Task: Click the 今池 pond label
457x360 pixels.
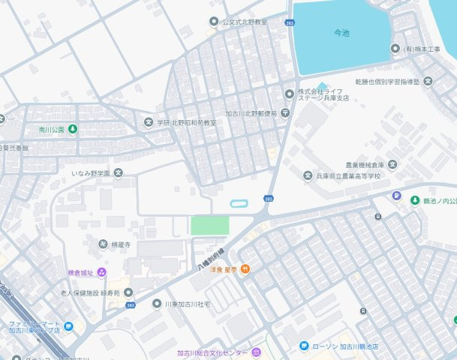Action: (341, 34)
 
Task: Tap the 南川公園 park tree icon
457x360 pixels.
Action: (73, 130)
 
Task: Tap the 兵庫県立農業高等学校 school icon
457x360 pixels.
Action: (307, 175)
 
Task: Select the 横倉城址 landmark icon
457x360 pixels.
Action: (102, 271)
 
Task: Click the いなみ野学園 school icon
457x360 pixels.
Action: (118, 173)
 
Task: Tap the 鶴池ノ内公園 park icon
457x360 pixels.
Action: (415, 200)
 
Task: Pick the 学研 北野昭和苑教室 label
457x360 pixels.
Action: (186, 122)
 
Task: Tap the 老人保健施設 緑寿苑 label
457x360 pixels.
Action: (90, 293)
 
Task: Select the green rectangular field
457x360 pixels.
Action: (209, 225)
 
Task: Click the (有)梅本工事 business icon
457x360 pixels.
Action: (395, 49)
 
